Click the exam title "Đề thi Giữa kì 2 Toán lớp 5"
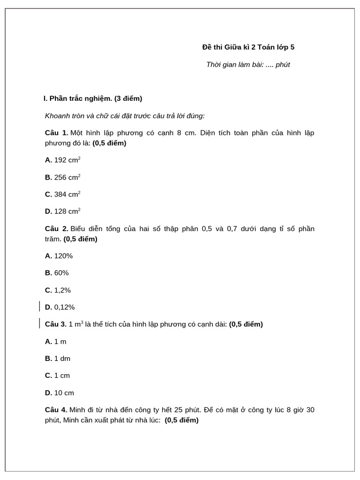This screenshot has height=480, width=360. tap(248, 47)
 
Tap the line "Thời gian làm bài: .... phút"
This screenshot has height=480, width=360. tap(248, 65)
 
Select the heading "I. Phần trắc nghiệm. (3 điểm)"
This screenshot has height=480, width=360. tap(93, 98)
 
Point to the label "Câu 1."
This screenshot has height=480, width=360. tap(57, 133)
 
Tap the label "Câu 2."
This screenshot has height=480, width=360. tap(57, 229)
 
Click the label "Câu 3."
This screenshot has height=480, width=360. tap(56, 324)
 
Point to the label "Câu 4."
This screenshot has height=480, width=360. tap(56, 410)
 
